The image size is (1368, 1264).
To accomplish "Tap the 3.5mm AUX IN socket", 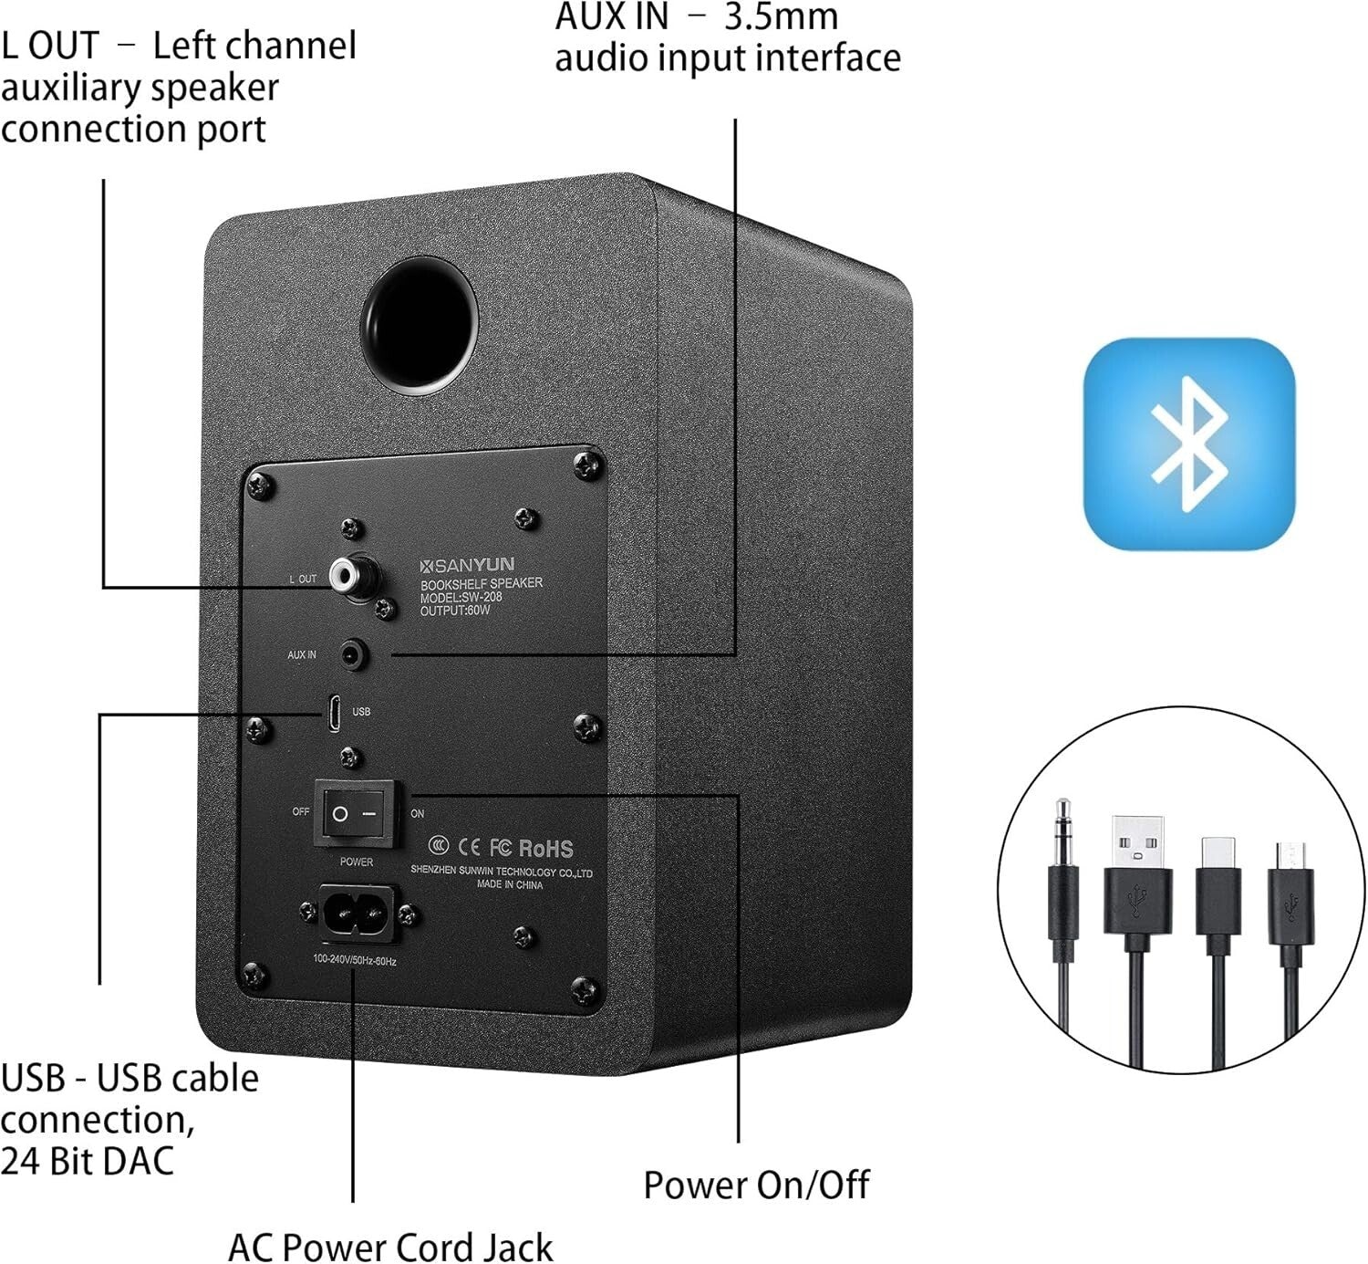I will [353, 654].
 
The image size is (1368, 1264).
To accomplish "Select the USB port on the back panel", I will [335, 712].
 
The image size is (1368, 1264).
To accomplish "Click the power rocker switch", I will [357, 812].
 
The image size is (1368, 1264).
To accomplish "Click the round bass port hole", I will [420, 325].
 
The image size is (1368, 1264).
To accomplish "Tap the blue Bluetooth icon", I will [1188, 444].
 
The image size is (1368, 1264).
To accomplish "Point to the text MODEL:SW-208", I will [461, 598].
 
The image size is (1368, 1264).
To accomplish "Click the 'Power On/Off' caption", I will [756, 1185].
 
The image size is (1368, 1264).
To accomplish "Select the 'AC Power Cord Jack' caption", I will [390, 1247].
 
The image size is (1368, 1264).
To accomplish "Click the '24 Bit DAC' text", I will [88, 1161].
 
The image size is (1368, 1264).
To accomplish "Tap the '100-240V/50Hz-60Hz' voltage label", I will [355, 960].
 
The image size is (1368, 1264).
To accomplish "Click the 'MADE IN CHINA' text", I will [509, 885].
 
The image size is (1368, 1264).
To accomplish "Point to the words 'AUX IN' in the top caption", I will [611, 16].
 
